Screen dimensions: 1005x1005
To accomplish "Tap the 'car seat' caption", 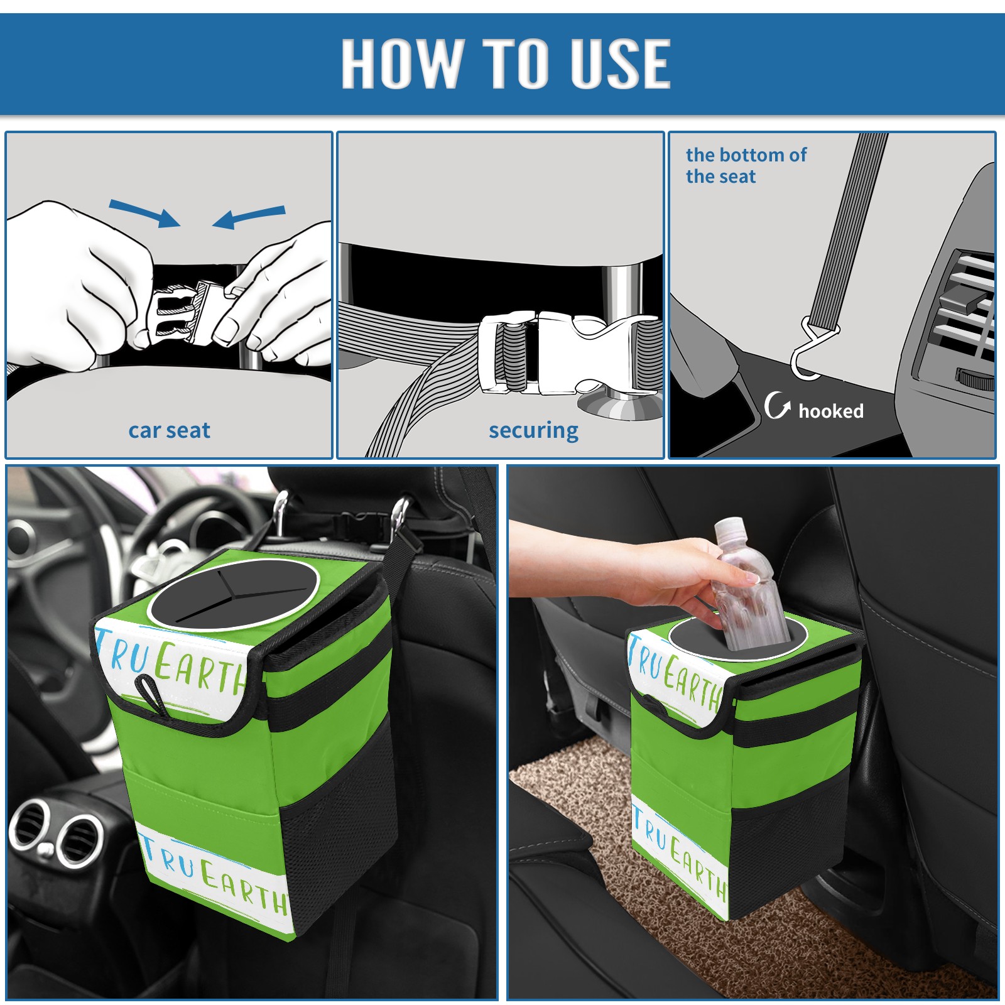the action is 169,430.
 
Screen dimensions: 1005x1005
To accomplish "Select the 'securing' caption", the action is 533,430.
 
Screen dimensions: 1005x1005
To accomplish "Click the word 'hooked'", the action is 831,411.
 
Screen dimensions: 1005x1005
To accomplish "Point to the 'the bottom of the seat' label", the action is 746,165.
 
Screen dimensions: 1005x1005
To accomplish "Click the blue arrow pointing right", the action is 144,213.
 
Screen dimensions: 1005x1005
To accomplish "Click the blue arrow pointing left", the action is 249,217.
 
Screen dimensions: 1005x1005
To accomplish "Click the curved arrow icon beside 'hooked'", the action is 776,405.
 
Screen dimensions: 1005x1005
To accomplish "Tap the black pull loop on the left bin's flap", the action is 153,694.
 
